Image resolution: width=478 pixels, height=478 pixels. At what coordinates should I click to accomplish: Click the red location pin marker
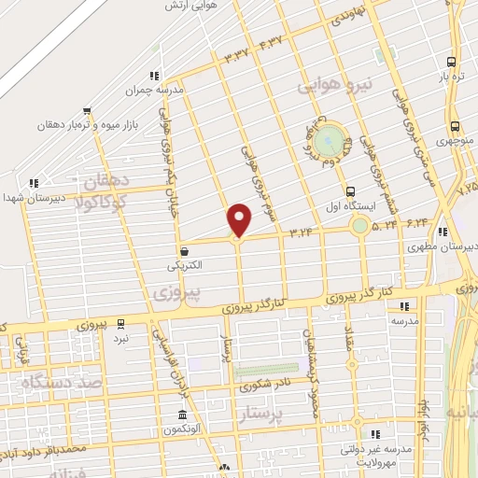(x=240, y=218)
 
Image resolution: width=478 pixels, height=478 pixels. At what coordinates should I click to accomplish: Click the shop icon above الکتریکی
(x=184, y=250)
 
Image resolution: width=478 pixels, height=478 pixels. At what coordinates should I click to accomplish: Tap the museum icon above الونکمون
(x=182, y=415)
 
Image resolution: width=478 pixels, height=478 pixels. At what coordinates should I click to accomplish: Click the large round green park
(x=329, y=140)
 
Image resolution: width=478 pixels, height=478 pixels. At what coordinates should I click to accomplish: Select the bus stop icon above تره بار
(x=452, y=53)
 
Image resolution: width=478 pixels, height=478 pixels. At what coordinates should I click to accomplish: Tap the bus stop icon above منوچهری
(x=454, y=127)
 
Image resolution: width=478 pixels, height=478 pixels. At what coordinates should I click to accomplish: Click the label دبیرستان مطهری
(x=443, y=247)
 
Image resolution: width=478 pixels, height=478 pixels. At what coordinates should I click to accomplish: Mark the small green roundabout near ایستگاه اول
(x=359, y=225)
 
